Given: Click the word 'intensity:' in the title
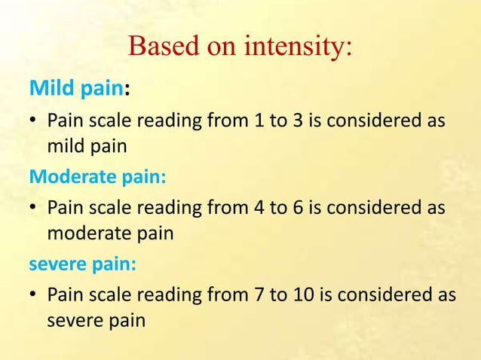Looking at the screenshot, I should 297,47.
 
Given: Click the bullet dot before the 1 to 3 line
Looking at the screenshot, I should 33,121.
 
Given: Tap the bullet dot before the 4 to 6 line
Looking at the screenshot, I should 33,208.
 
